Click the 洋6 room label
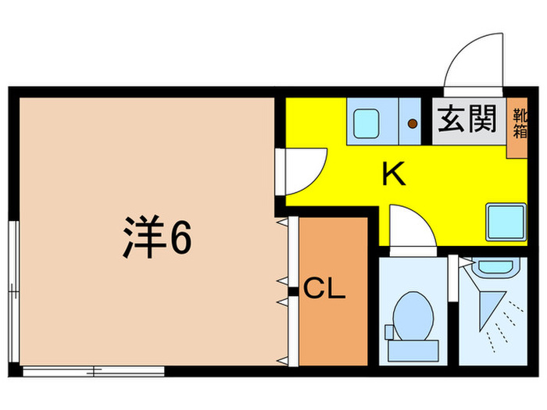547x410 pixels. point(156,238)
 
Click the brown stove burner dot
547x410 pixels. point(411,122)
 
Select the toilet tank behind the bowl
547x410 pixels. point(412,351)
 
